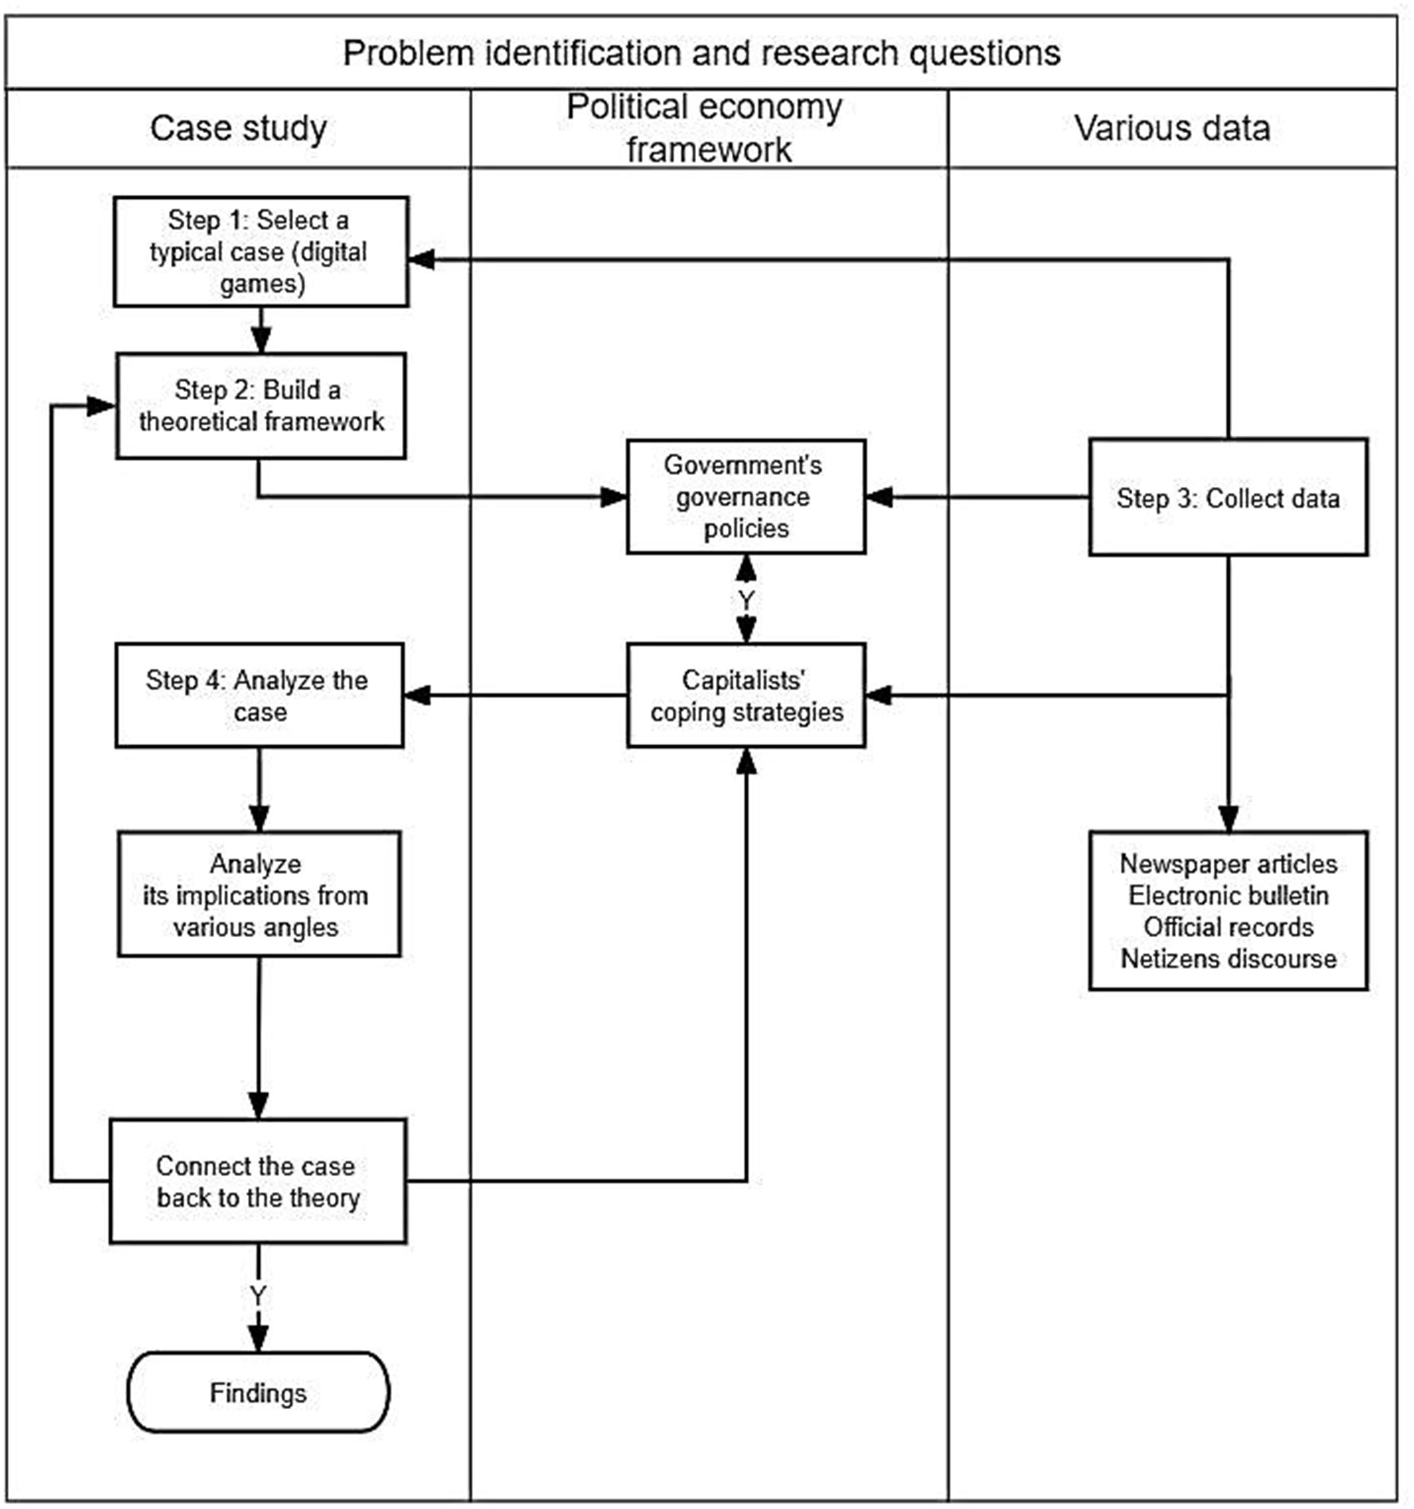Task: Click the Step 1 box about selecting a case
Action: [x=261, y=251]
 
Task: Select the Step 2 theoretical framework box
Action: [x=261, y=405]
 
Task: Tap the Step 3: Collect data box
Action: [x=1227, y=497]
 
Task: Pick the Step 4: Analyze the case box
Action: [x=259, y=695]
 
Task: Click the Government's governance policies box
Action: [x=745, y=496]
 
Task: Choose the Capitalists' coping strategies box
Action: [x=745, y=695]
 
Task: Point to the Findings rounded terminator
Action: [x=258, y=1392]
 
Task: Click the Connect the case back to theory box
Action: [x=258, y=1181]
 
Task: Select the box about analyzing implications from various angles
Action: [x=258, y=895]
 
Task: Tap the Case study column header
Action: [x=238, y=128]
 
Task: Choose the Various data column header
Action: [x=1171, y=128]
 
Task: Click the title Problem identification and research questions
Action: [x=701, y=53]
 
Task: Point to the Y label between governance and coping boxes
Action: [x=745, y=599]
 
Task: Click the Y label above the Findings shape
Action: [x=258, y=1296]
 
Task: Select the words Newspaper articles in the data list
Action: [x=1228, y=863]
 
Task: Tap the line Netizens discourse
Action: [x=1228, y=958]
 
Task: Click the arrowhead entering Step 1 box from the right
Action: [x=421, y=259]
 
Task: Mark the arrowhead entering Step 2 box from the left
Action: [x=102, y=405]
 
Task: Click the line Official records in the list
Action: [x=1228, y=927]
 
